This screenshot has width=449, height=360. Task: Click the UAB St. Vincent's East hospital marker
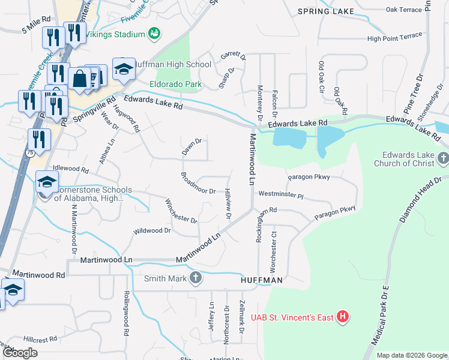(342, 317)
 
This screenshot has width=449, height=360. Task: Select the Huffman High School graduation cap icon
(124, 70)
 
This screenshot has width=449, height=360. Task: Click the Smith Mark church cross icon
(195, 278)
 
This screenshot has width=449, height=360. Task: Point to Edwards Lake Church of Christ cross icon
(443, 158)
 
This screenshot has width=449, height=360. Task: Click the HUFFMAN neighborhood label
(261, 280)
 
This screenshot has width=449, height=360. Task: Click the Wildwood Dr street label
(152, 230)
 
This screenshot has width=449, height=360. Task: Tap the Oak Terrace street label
(403, 10)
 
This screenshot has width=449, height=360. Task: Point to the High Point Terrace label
(394, 37)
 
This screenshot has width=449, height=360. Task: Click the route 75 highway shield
(30, 153)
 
